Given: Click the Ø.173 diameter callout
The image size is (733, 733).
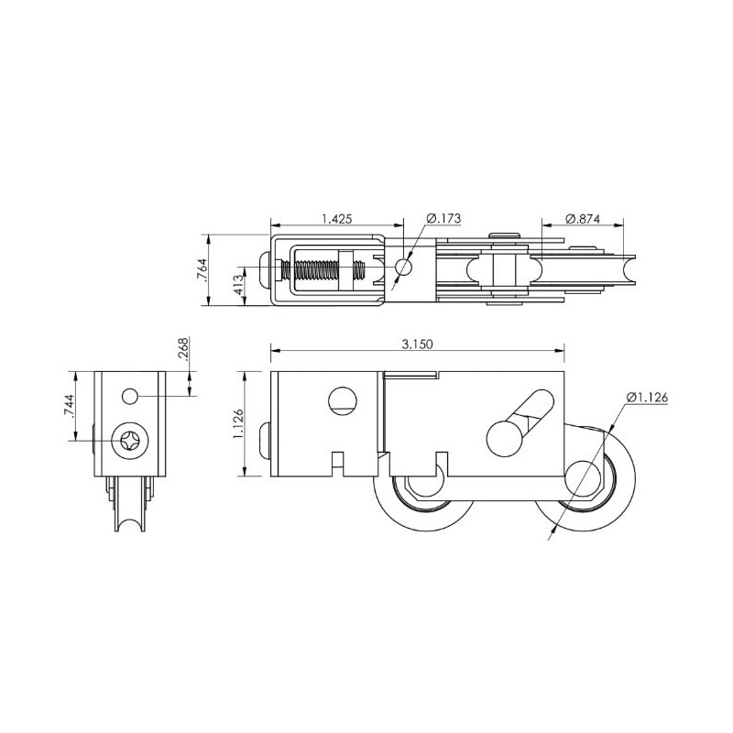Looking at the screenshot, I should (x=444, y=218).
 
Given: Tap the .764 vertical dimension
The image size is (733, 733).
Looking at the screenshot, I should (x=202, y=269).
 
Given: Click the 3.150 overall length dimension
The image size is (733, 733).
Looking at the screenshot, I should (x=416, y=344).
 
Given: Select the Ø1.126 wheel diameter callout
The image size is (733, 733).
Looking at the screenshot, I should (x=648, y=397).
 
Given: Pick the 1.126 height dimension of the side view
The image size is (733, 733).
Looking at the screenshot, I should (x=238, y=425).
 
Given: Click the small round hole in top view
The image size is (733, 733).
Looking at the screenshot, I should (x=403, y=267).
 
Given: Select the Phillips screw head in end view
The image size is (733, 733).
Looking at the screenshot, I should (x=130, y=441).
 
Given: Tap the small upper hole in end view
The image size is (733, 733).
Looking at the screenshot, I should (x=130, y=396).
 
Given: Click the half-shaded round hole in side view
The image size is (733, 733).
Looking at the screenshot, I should (x=341, y=399).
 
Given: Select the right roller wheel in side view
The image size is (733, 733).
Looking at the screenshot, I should (x=585, y=480).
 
